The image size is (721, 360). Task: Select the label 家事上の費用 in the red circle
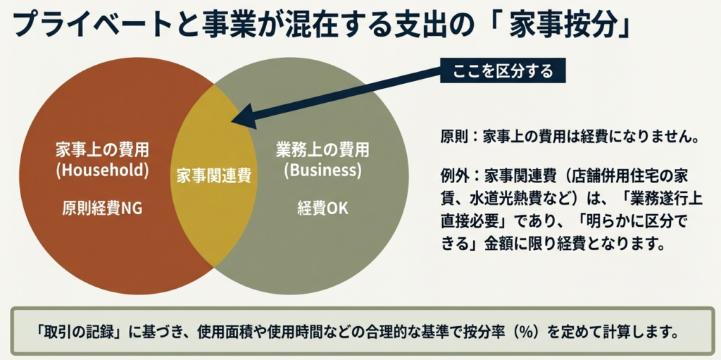pos(103,150)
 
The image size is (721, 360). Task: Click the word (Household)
pos(103,170)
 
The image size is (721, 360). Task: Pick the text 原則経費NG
pos(103,209)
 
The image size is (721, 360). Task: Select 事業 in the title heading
pos(227,25)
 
